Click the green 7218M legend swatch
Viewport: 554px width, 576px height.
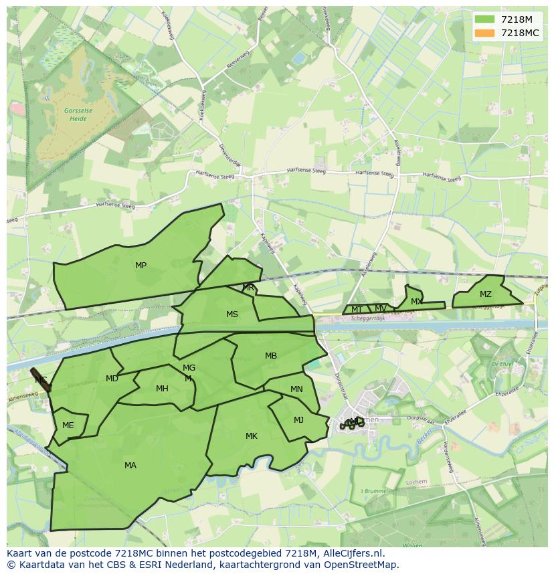tap(484, 19)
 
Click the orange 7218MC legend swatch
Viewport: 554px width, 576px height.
tap(484, 33)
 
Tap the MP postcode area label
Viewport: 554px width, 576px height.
tap(141, 266)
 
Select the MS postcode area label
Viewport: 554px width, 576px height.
tap(232, 314)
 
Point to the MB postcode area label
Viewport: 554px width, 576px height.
tap(270, 356)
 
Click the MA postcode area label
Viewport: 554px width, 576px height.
tap(130, 466)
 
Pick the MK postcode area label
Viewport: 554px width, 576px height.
tap(251, 436)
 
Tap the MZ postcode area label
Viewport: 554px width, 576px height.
tap(485, 294)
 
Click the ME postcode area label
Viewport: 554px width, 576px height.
tap(68, 425)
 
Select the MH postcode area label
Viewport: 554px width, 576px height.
tap(162, 389)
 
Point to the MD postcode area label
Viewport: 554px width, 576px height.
tap(112, 379)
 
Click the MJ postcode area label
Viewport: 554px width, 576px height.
tap(298, 420)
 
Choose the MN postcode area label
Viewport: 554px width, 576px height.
tap(296, 389)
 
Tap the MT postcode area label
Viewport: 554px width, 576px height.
tap(357, 310)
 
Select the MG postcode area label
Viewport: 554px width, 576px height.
tap(189, 368)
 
